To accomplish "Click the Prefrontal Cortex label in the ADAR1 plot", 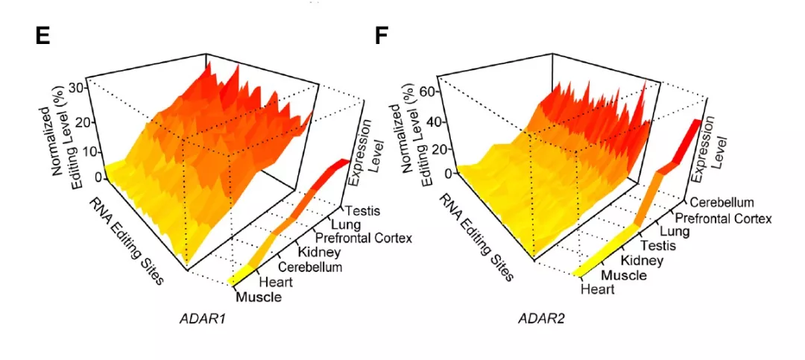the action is point(364,239).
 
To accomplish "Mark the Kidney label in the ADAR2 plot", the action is point(641,260).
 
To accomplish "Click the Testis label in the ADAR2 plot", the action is point(658,245).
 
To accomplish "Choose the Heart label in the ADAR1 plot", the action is point(276,282).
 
